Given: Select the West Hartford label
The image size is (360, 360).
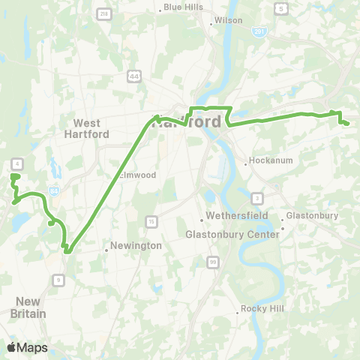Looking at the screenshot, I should click(x=92, y=128).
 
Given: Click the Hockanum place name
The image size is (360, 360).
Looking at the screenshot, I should click(x=266, y=161).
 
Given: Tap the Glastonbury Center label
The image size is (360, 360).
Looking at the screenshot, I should click(x=232, y=234).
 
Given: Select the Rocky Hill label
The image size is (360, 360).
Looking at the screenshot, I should click(x=259, y=308).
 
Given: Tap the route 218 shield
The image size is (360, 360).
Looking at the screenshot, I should click(x=103, y=14).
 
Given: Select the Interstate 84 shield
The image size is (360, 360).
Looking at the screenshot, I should click(x=52, y=190).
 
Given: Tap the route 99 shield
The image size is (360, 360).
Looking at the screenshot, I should click(x=213, y=262).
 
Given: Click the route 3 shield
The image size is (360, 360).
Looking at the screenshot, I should click(x=257, y=198).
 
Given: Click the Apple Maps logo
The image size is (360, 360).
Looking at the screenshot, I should click(x=27, y=347).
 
